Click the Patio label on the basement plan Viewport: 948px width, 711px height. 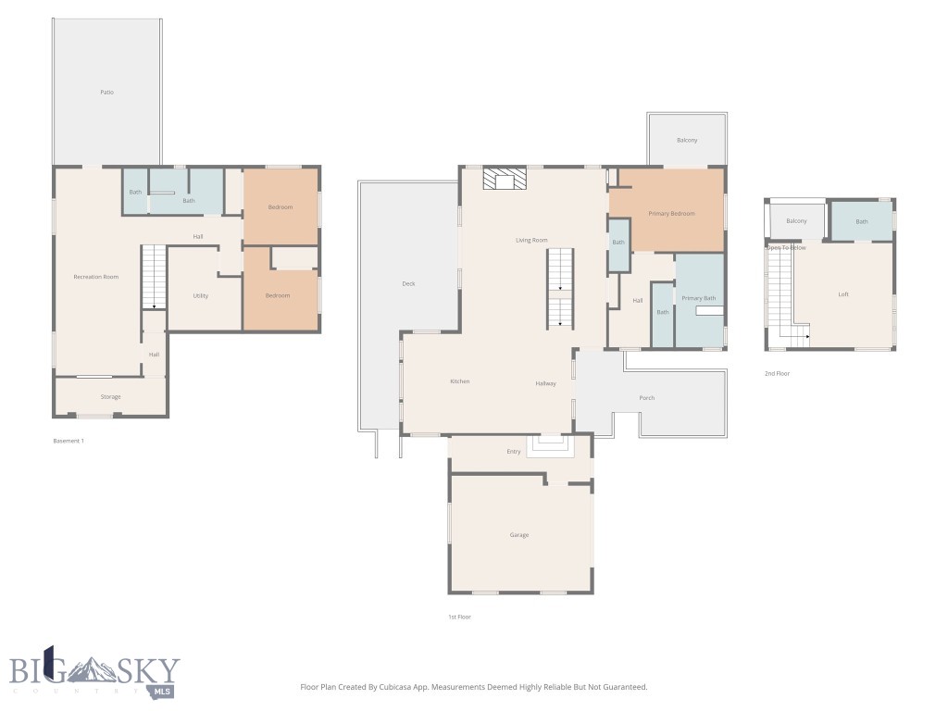point(107,93)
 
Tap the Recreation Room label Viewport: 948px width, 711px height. point(96,277)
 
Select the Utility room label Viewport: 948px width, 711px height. point(201,296)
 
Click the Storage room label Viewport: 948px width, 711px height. point(110,397)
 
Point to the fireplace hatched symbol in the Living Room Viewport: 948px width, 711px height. point(505,179)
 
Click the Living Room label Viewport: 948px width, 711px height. point(531,241)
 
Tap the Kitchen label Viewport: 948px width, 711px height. point(460,381)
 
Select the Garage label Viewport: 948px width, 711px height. point(519,535)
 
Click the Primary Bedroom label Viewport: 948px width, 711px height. point(671,214)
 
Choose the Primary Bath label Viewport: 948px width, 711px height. point(699,298)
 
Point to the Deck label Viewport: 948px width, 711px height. point(408,284)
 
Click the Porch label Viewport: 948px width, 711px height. point(647,398)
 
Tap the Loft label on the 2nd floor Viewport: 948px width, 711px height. point(843,294)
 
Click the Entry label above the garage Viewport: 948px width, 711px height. point(514,452)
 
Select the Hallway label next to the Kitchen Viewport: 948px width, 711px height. point(545,383)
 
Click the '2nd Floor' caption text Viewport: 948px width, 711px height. point(777,374)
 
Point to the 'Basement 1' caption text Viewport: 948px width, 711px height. point(69,441)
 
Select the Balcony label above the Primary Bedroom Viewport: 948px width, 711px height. point(687,140)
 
